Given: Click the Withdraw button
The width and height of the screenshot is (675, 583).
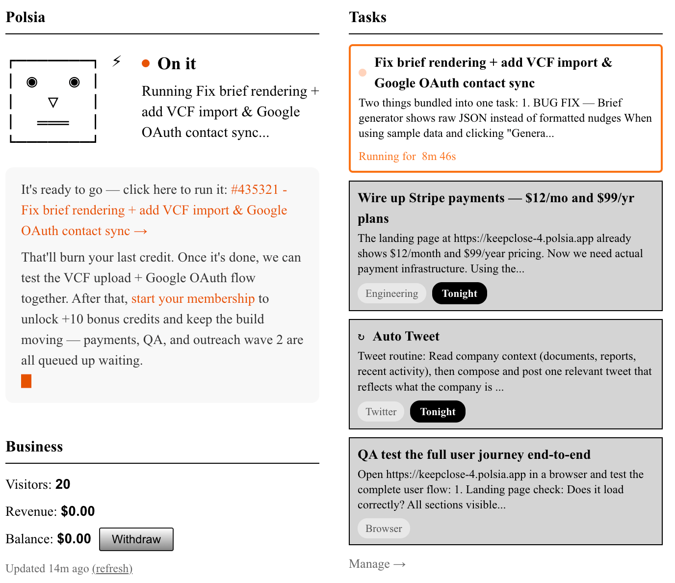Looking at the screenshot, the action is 136,539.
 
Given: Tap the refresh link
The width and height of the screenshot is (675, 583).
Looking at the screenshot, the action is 112,569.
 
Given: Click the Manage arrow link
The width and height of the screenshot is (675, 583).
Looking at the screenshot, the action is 377,564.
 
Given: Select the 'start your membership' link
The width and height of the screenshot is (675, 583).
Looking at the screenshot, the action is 193,298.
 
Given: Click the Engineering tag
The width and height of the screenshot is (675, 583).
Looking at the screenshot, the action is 391,293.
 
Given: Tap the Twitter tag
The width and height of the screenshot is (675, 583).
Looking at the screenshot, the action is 381,412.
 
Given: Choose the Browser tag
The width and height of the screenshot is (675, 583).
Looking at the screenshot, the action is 384,529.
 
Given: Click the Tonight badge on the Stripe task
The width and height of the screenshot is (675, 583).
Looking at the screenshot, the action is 460,293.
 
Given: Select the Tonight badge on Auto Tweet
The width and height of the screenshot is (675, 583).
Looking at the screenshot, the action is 438,412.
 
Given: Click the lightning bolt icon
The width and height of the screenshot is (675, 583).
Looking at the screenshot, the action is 117,61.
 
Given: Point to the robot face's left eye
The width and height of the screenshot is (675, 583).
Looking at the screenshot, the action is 32,82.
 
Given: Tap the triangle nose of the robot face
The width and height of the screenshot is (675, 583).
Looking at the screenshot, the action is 53,102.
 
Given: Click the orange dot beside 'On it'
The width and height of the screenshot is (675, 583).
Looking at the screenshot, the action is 146,63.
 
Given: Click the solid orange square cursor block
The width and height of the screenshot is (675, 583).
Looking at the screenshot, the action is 26,381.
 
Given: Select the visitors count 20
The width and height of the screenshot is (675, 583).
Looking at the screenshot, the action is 63,484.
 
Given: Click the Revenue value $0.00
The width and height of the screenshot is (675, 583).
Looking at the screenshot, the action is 78,511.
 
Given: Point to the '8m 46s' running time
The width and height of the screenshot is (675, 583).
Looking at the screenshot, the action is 439,157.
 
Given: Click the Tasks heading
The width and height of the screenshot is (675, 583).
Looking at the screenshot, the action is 367,17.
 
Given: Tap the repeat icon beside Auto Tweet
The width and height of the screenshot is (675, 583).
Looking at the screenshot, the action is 361,337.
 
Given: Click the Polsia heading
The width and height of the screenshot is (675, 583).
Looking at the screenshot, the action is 26,17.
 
